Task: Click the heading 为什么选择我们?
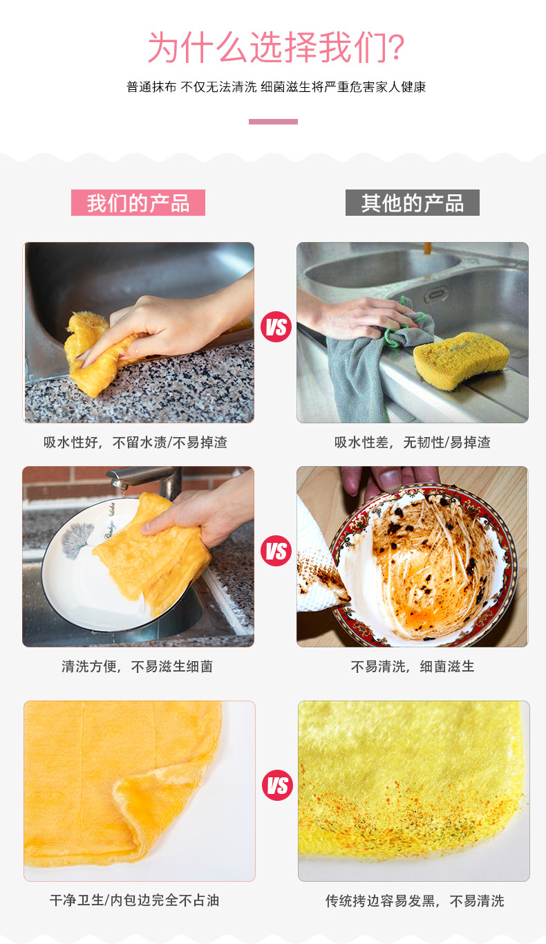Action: (x=275, y=48)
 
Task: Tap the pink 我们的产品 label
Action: (x=138, y=203)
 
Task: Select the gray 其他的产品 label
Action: (x=412, y=203)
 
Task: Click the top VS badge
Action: (x=276, y=327)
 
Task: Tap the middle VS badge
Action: (x=276, y=551)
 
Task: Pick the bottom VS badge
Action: (x=277, y=786)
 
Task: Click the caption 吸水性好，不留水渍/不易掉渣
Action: (x=135, y=443)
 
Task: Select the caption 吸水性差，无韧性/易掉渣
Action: (x=413, y=443)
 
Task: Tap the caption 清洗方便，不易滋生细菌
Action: (x=137, y=667)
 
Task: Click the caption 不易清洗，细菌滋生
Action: (x=413, y=667)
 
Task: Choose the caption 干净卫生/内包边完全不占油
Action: (x=135, y=900)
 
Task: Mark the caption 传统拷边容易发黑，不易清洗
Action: (x=415, y=900)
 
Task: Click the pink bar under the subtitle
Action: (x=273, y=122)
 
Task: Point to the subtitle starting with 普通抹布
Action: (x=276, y=87)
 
